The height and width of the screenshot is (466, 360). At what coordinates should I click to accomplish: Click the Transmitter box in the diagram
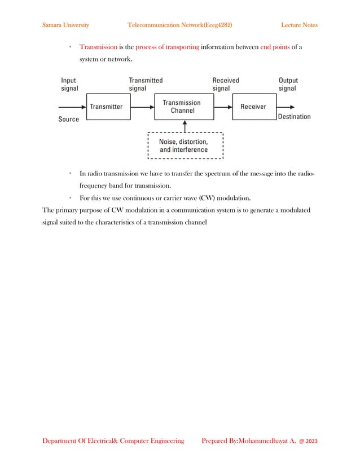pos(106,107)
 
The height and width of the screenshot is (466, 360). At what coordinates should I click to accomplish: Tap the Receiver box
pos(253,107)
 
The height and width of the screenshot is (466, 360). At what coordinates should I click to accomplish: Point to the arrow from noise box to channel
pos(185,126)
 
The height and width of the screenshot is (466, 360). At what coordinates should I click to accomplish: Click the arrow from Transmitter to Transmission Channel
pos(142,107)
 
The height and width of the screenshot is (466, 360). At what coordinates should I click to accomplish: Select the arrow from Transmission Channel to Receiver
pos(223,107)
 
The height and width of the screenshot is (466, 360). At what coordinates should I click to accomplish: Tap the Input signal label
pos(69,85)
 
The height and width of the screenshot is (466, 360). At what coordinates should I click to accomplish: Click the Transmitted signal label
pos(146,85)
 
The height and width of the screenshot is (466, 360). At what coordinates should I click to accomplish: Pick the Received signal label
pos(225,85)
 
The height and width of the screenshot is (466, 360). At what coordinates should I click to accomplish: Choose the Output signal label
pos(288,85)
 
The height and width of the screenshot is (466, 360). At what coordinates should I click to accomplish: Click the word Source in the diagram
pos(69,120)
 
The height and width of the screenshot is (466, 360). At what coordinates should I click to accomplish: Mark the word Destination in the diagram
pos(294,117)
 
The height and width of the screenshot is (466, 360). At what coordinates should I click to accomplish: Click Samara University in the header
pos(65,25)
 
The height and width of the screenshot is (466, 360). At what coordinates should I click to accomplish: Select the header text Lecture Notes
pos(299,25)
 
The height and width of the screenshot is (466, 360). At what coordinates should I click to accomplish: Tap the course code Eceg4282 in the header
pos(216,25)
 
